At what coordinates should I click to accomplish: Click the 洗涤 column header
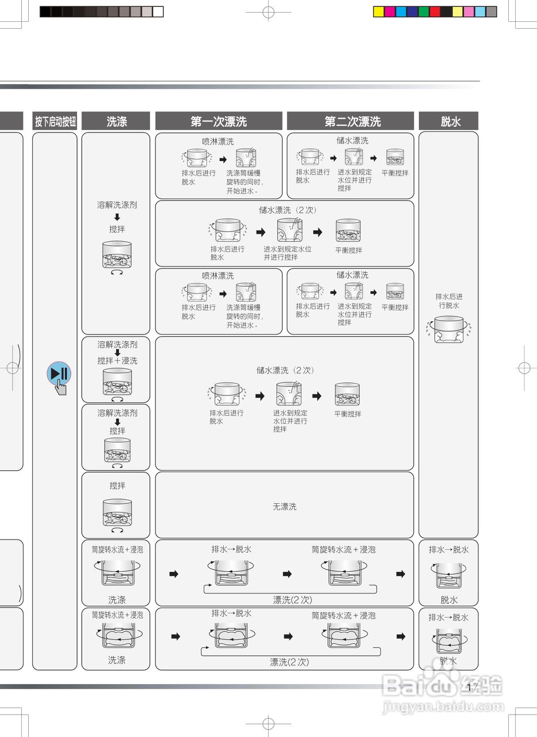(x=116, y=121)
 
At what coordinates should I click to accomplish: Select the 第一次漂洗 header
(x=219, y=121)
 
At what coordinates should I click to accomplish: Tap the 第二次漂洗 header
(x=352, y=121)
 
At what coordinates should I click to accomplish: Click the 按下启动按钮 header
(x=55, y=121)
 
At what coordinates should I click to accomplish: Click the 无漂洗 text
(x=284, y=507)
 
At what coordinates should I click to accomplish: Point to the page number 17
(x=473, y=687)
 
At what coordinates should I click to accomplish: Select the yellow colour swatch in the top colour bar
(x=379, y=12)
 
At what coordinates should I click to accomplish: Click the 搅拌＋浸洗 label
(x=117, y=360)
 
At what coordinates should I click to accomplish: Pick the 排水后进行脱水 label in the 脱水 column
(x=448, y=301)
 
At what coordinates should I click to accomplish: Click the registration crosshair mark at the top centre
(x=268, y=12)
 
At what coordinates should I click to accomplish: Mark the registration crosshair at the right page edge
(x=524, y=367)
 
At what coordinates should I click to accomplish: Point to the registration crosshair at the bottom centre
(x=268, y=723)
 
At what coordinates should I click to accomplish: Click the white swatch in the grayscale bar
(x=158, y=12)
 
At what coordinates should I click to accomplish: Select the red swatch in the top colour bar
(x=435, y=12)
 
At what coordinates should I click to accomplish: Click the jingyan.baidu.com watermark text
(x=443, y=706)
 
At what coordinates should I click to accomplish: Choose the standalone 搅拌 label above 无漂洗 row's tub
(x=117, y=485)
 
